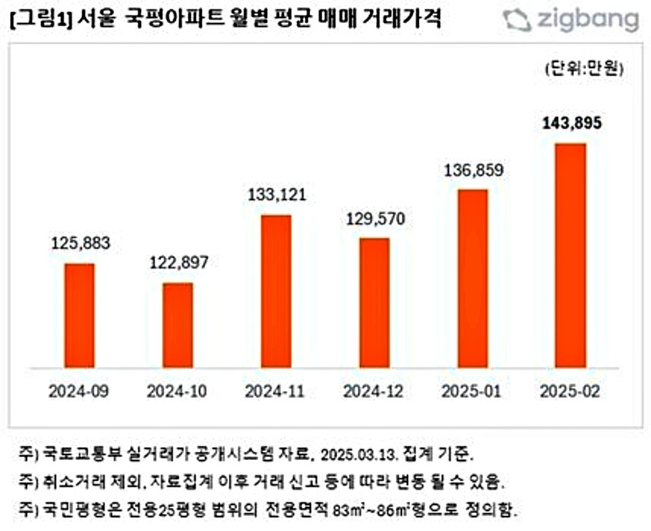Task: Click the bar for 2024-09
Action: coord(79,315)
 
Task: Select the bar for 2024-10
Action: coord(178,326)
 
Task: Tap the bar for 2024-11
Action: coord(276,292)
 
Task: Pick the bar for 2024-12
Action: coord(374,303)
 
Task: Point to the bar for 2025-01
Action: coord(473,279)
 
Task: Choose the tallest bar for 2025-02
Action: coord(570,256)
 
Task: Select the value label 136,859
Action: coord(473,171)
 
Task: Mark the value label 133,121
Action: coord(277,195)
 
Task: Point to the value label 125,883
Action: coord(80,243)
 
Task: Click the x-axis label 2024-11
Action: coord(276,391)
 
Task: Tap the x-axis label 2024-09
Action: coord(79,391)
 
